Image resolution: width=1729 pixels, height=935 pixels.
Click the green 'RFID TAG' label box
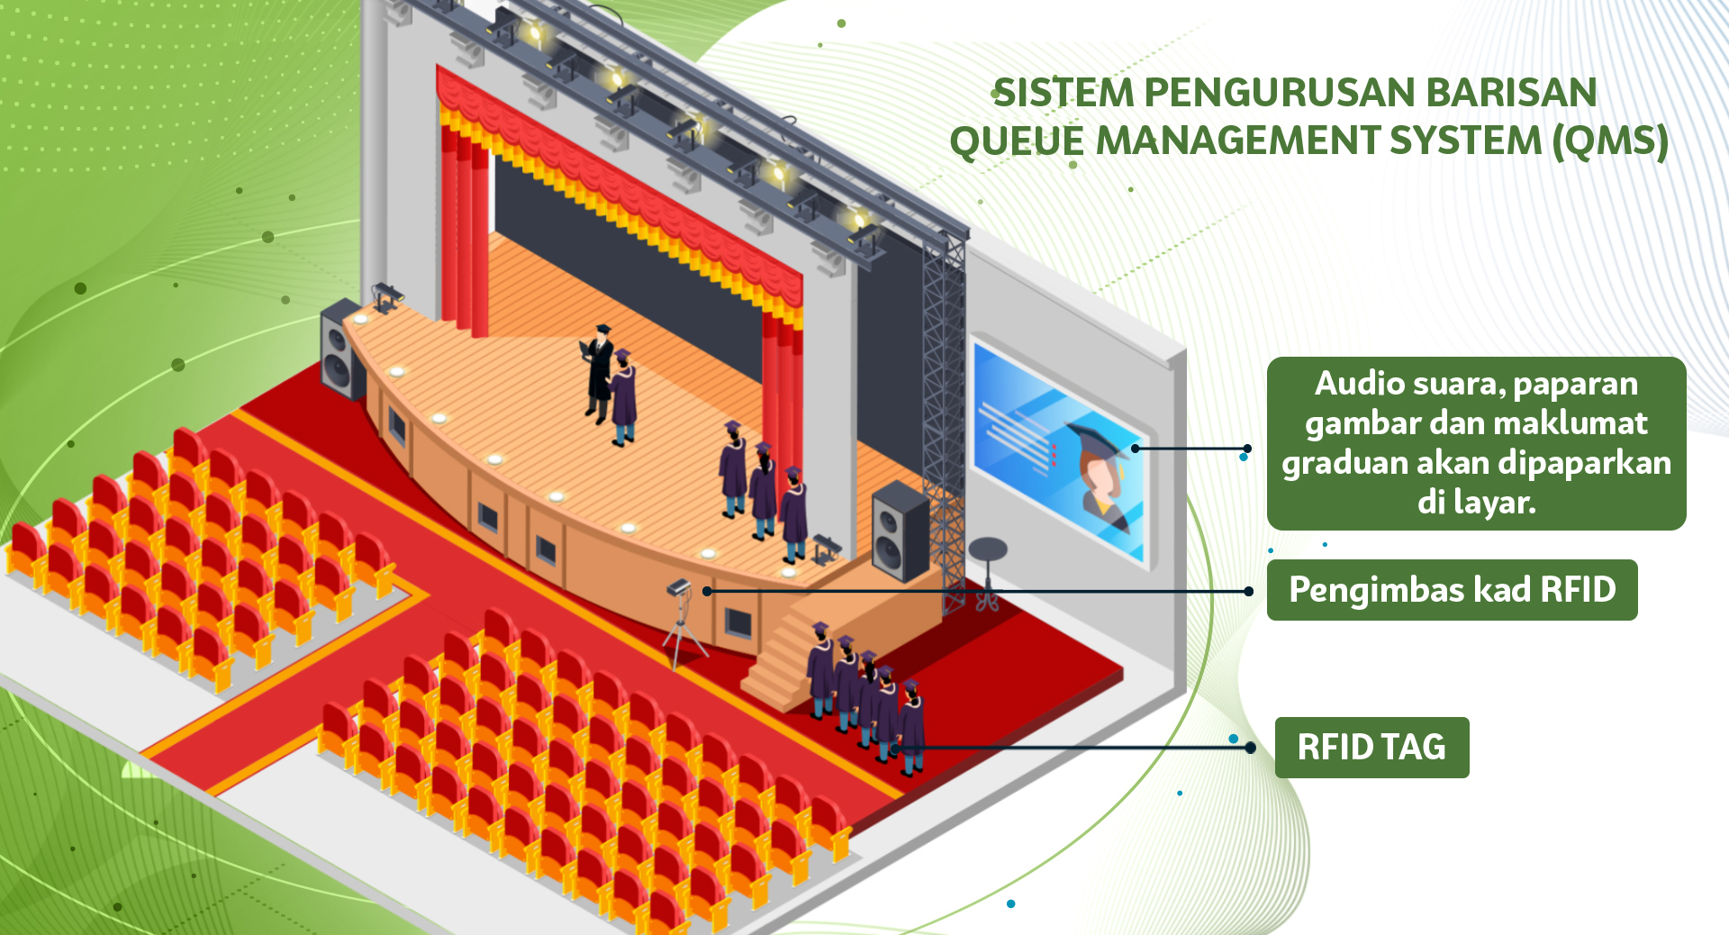pyautogui.click(x=1371, y=748)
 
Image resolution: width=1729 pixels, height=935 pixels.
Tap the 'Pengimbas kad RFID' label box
pyautogui.click(x=1452, y=590)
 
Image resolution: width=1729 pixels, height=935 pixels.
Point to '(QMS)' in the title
pyautogui.click(x=1610, y=141)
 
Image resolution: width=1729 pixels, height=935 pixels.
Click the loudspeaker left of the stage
pyautogui.click(x=340, y=349)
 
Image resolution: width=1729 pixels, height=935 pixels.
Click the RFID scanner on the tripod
pyautogui.click(x=680, y=589)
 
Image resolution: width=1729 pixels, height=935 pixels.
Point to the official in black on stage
pyautogui.click(x=598, y=369)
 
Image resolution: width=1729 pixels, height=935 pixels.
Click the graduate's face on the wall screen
pyautogui.click(x=1102, y=477)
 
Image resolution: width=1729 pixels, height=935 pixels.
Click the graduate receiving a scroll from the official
pyautogui.click(x=623, y=396)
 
